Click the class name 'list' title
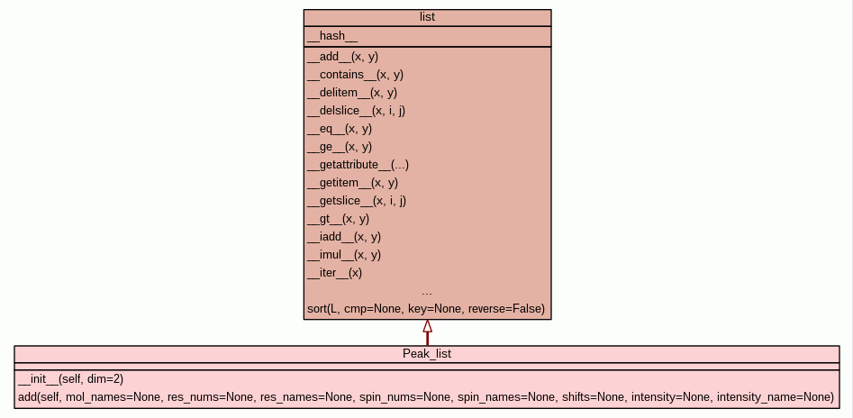[427, 18]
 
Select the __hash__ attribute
[332, 37]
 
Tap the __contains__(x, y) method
[355, 75]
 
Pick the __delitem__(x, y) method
[352, 93]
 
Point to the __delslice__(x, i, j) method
[356, 111]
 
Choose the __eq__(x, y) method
[340, 129]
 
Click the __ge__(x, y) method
[340, 147]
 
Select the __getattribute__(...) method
[358, 165]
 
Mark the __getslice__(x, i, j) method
[356, 201]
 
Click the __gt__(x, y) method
[338, 219]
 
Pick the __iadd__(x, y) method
[344, 237]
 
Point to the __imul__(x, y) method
[344, 255]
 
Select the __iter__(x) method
[334, 273]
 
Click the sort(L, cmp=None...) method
[426, 309]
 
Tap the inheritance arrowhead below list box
[427, 326]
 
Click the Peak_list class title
[427, 354]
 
